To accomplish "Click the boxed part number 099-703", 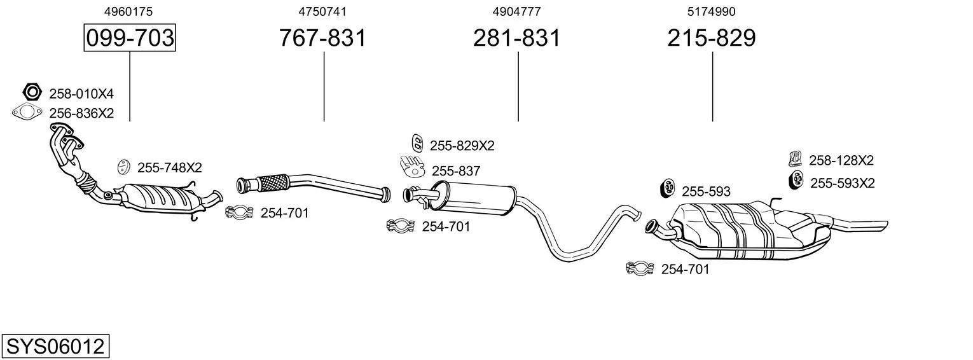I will point(130,38).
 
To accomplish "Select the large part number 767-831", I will point(323,38).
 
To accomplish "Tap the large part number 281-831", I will point(517,38).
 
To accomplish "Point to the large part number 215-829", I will point(712,38).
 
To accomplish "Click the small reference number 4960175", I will point(128,11).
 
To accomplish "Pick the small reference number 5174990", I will point(712,11).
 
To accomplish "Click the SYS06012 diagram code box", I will point(55,347).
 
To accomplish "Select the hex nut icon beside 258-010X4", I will point(32,93).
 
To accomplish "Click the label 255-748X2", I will point(169,168).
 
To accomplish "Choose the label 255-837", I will point(455,170).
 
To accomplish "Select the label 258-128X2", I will point(841,160).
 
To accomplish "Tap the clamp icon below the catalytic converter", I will point(240,212).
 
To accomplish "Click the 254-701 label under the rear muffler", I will point(685,269).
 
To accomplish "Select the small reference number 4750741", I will point(322,11).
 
